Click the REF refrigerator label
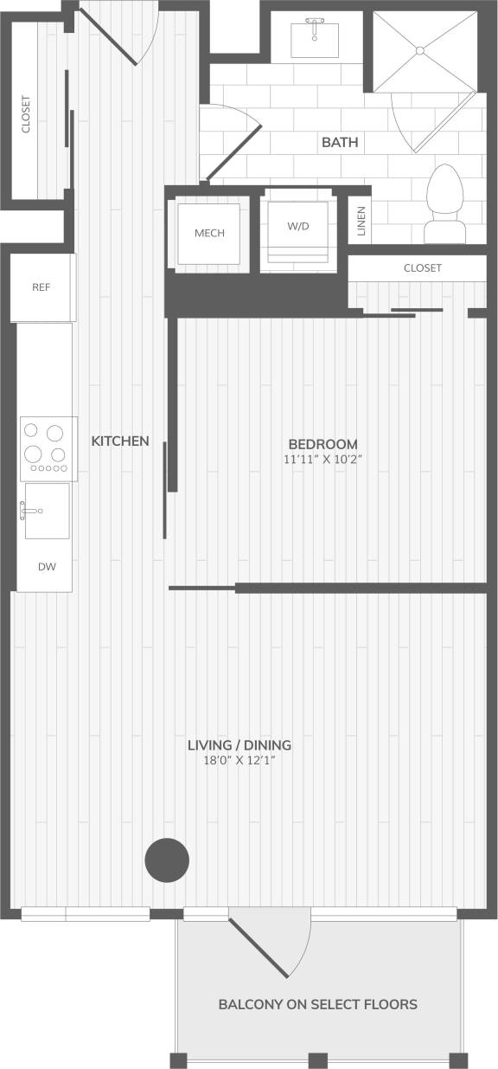coord(41,287)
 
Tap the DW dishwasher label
coord(47,567)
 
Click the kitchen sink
coord(46,511)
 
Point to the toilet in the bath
coord(447,203)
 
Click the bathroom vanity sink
coord(315,35)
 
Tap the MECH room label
coord(209,233)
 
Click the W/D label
coord(298,226)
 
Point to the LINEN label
coord(361,222)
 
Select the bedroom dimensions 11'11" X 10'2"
coord(322,460)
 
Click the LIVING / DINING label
coord(239,744)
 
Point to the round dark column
coord(166,860)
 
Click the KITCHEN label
coord(120,441)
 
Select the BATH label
coord(340,142)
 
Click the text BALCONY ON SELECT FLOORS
coord(317,1004)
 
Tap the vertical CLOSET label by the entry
coord(26,113)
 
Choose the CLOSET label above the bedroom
coord(422,268)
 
